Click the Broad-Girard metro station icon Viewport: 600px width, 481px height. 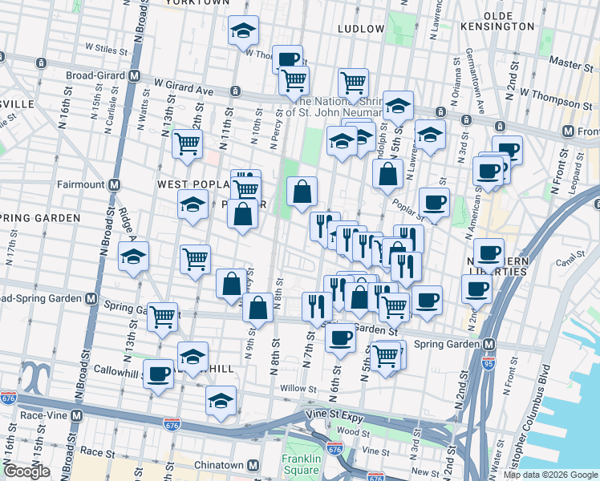point(135,75)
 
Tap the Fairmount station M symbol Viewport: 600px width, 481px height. point(115,184)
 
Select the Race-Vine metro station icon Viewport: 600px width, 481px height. point(76,416)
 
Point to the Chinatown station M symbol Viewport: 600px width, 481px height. point(253,465)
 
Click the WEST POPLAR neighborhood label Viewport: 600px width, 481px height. point(189,184)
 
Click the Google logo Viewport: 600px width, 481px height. point(26,471)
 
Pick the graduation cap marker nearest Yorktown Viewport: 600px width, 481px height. point(243,31)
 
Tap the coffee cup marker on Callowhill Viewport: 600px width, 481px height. point(158,372)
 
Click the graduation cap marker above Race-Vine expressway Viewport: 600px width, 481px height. point(220,402)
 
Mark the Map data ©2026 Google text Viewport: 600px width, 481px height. point(549,474)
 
